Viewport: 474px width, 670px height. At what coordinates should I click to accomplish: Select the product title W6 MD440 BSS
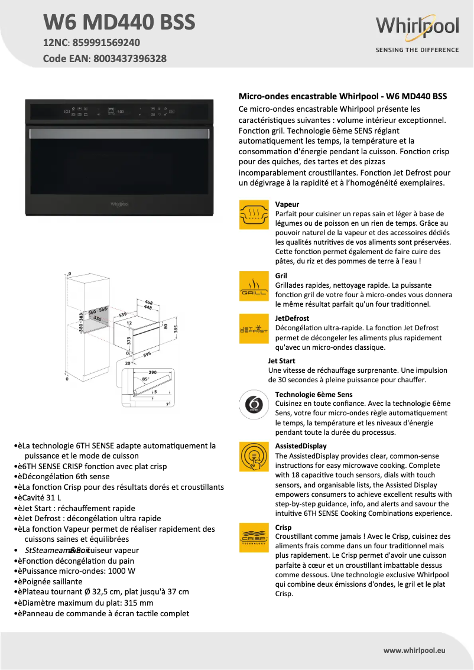(119, 22)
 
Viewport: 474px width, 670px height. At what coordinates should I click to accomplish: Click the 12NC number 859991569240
(106, 43)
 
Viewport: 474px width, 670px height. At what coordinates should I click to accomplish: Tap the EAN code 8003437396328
(129, 58)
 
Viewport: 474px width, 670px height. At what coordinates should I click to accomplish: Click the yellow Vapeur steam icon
(254, 214)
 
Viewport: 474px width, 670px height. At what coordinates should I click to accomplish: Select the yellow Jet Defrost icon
(254, 329)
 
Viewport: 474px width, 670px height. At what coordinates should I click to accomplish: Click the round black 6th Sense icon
(254, 405)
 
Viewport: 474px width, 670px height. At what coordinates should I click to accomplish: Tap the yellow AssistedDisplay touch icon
(254, 456)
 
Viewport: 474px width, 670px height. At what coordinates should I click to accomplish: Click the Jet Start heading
(281, 361)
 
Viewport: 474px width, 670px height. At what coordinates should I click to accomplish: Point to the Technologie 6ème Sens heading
(314, 394)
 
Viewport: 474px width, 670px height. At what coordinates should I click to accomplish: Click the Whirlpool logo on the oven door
(119, 204)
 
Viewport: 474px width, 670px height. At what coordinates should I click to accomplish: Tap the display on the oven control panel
(116, 110)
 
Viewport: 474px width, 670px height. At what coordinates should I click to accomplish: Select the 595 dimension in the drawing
(147, 354)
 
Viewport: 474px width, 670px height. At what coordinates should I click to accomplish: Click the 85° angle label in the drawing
(145, 379)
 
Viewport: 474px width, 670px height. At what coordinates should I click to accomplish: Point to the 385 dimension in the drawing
(175, 329)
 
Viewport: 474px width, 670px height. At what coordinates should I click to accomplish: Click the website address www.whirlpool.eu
(414, 651)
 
